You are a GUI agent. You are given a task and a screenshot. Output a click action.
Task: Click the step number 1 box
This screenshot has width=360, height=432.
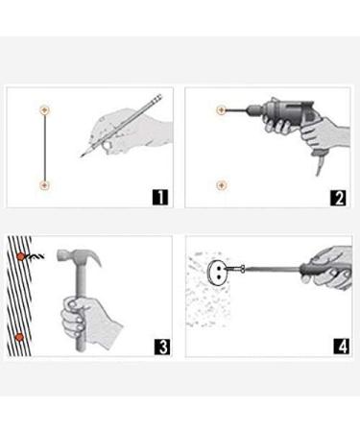pyautogui.click(x=160, y=197)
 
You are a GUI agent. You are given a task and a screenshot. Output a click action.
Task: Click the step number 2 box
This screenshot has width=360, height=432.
pyautogui.click(x=338, y=198)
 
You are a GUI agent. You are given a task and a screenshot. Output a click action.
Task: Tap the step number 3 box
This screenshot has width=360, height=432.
pyautogui.click(x=162, y=347)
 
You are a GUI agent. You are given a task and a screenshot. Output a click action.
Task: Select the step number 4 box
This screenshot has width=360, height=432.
pyautogui.click(x=342, y=346)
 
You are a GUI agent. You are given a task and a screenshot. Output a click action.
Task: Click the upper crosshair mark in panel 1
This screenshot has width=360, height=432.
pyautogui.click(x=45, y=109)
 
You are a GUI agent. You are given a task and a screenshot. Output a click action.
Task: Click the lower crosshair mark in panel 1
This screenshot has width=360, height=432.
pyautogui.click(x=44, y=185)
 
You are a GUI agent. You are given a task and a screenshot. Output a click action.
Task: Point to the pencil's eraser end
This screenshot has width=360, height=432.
pyautogui.click(x=158, y=98)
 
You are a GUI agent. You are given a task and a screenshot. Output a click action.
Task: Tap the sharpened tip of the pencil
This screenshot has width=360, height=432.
pyautogui.click(x=82, y=156)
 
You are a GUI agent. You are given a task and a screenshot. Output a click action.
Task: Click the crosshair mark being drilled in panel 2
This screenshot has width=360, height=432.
pyautogui.click(x=221, y=110)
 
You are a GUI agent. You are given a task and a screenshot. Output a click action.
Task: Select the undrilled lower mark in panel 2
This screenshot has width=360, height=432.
pyautogui.click(x=221, y=185)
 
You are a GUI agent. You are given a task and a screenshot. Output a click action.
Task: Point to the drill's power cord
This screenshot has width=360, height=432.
pyautogui.click(x=318, y=166)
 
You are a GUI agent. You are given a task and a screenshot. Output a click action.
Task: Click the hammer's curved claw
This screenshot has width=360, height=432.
pyautogui.click(x=95, y=256)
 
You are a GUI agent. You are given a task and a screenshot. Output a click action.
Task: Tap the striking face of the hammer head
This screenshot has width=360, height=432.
pyautogui.click(x=59, y=254)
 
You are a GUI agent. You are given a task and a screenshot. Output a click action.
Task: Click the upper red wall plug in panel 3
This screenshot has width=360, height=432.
pyautogui.click(x=20, y=256)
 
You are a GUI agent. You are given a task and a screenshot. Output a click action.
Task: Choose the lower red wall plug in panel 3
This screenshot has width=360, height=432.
pyautogui.click(x=19, y=337)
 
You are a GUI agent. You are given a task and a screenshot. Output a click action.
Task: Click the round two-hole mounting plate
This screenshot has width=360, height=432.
pyautogui.click(x=217, y=272)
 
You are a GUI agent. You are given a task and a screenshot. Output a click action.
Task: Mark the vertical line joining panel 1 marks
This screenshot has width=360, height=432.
pyautogui.click(x=45, y=147)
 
